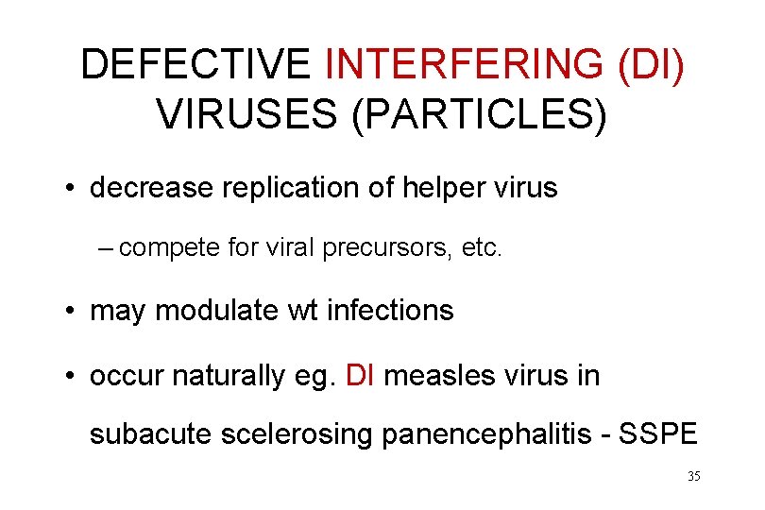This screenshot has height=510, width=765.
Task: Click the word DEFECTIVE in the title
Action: click(195, 64)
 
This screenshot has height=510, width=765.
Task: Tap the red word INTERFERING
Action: click(463, 64)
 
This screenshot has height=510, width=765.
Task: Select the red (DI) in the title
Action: click(651, 64)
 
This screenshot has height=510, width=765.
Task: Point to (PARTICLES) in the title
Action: click(484, 114)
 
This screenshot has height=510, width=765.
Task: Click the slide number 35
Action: click(693, 476)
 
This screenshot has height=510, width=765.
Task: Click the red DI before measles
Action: click(362, 375)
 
